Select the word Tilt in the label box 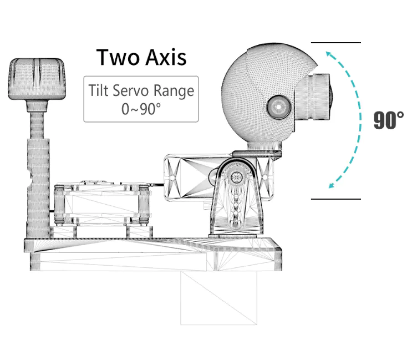click(98, 90)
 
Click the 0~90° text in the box click(141, 108)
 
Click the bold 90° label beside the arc click(388, 120)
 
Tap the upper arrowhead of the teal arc click(329, 54)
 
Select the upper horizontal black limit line click(335, 43)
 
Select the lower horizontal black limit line click(335, 199)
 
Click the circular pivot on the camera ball click(277, 106)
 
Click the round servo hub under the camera click(237, 178)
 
